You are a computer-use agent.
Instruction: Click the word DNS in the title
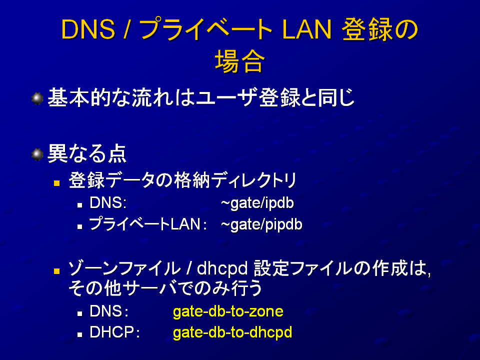tap(88, 29)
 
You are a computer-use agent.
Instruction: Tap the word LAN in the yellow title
tap(306, 29)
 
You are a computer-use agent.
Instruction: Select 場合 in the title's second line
tap(239, 61)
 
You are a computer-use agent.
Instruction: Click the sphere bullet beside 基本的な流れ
tap(37, 98)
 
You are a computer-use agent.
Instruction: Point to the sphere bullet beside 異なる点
tap(37, 154)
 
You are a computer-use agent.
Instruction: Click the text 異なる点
tap(87, 153)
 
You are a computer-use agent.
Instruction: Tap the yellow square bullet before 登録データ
tap(56, 183)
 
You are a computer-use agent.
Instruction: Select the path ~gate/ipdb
tap(257, 203)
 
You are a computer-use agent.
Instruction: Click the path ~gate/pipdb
tap(261, 224)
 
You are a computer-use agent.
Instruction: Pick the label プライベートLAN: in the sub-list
tap(148, 224)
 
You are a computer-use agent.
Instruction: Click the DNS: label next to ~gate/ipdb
tap(108, 202)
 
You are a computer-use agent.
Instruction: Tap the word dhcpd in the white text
tap(222, 268)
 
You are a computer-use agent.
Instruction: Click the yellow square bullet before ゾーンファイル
tap(56, 271)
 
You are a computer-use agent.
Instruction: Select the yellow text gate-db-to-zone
tap(228, 311)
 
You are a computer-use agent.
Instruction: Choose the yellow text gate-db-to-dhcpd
tap(232, 333)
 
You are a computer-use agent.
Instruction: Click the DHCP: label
tap(114, 332)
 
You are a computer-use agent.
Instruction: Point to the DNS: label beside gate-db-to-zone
tap(108, 311)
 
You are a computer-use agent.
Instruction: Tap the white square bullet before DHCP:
tap(80, 335)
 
